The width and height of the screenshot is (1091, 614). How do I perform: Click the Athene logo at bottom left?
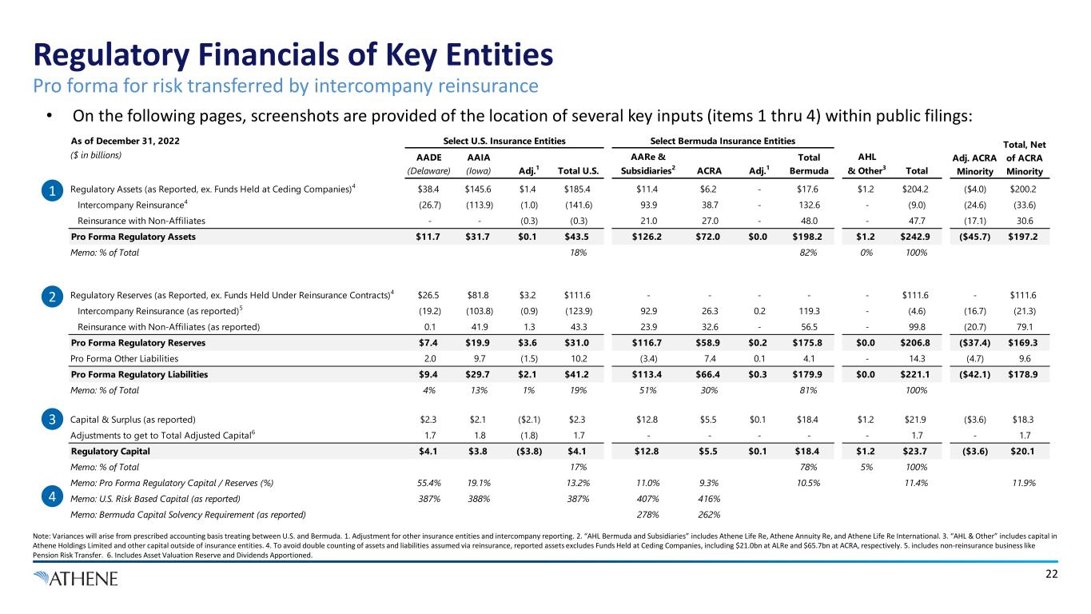tap(76, 578)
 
